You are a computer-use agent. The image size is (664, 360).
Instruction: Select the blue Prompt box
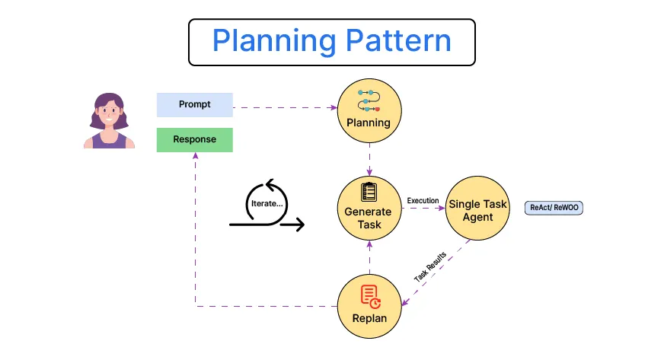pyautogui.click(x=194, y=104)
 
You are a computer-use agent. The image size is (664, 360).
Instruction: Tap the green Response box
pyautogui.click(x=194, y=140)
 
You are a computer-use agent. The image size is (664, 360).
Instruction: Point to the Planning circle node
pyautogui.click(x=369, y=113)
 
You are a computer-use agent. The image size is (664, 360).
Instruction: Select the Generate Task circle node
pyautogui.click(x=369, y=206)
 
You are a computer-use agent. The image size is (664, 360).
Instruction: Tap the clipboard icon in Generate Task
pyautogui.click(x=369, y=191)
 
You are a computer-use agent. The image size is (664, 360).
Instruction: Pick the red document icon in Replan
pyautogui.click(x=369, y=295)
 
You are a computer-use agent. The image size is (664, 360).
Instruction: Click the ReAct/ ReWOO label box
pyautogui.click(x=554, y=207)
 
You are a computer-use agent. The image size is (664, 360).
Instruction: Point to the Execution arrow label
pyautogui.click(x=423, y=200)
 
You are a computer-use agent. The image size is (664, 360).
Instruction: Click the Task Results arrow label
pyautogui.click(x=431, y=266)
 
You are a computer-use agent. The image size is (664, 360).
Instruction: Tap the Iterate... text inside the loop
pyautogui.click(x=267, y=204)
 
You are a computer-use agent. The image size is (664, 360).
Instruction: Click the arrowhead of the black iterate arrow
pyautogui.click(x=299, y=225)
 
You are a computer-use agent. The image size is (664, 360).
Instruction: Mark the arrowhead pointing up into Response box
pyautogui.click(x=195, y=156)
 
